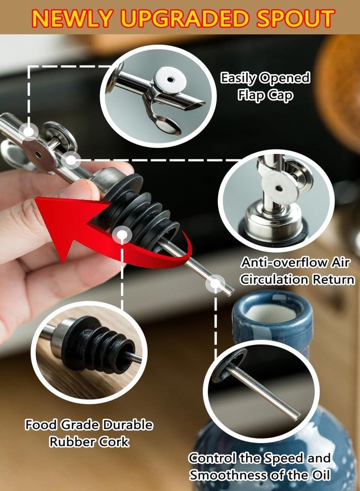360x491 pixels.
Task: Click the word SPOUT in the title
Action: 296,18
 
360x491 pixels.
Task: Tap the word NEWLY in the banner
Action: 73,18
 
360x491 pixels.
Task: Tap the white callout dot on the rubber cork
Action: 122,235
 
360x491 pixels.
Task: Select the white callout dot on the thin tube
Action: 215,283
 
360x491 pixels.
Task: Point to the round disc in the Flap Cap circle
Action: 170,80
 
